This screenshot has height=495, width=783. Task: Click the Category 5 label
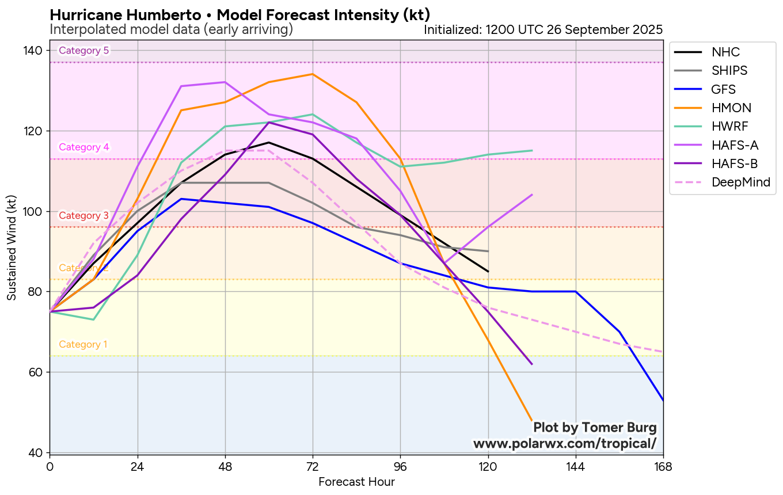(x=84, y=51)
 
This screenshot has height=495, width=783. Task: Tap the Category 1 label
(x=83, y=345)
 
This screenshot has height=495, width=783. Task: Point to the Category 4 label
(x=84, y=147)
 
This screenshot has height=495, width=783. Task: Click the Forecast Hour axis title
(x=356, y=482)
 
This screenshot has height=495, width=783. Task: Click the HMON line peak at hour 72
(x=313, y=74)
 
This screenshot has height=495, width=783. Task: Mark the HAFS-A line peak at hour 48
(x=225, y=82)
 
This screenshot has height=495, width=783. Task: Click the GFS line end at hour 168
(x=663, y=399)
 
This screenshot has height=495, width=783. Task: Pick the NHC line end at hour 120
(x=488, y=271)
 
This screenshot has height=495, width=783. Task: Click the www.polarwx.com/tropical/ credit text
(x=565, y=444)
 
